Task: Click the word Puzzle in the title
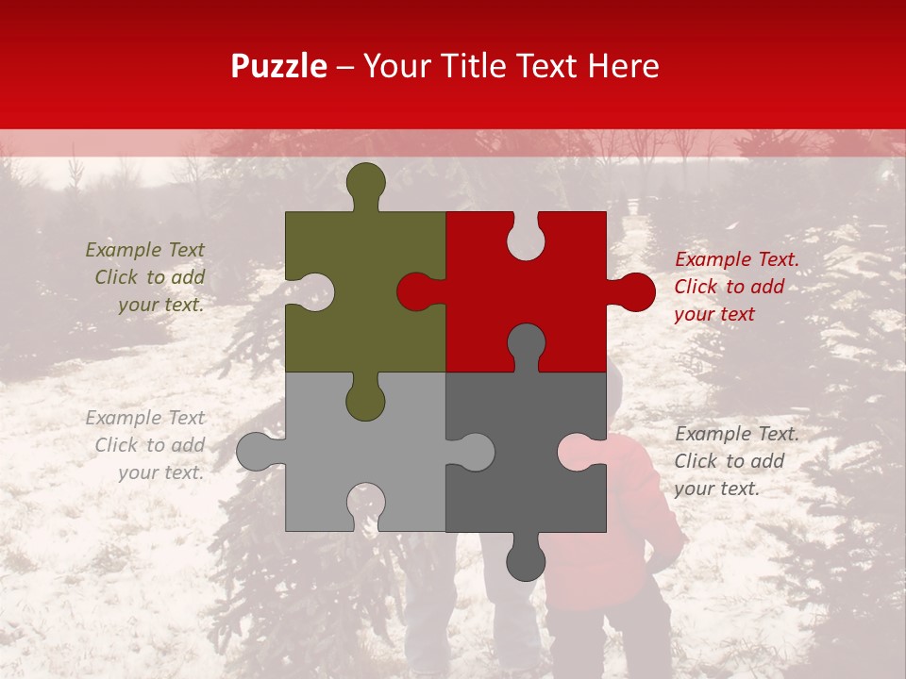pyautogui.click(x=278, y=67)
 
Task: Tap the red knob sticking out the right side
pyautogui.click(x=634, y=292)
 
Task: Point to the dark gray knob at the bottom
pyautogui.click(x=526, y=561)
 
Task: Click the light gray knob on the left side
pyautogui.click(x=256, y=452)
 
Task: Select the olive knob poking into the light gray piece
pyautogui.click(x=365, y=401)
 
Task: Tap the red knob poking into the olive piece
pyautogui.click(x=416, y=291)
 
